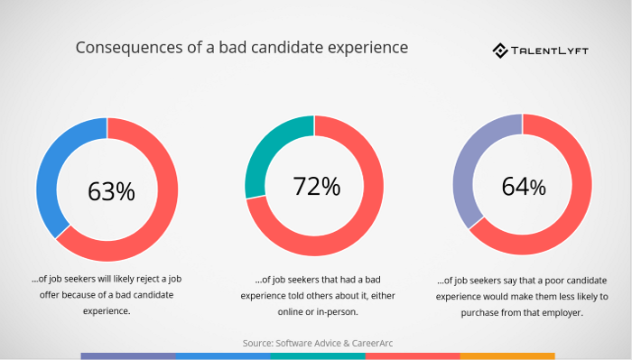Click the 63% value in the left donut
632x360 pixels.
[x=111, y=191]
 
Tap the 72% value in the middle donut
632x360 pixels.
[x=316, y=187]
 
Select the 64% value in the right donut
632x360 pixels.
[x=523, y=187]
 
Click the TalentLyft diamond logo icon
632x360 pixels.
[x=500, y=51]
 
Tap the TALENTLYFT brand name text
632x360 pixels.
[x=552, y=51]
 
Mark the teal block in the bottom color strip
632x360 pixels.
[x=316, y=356]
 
